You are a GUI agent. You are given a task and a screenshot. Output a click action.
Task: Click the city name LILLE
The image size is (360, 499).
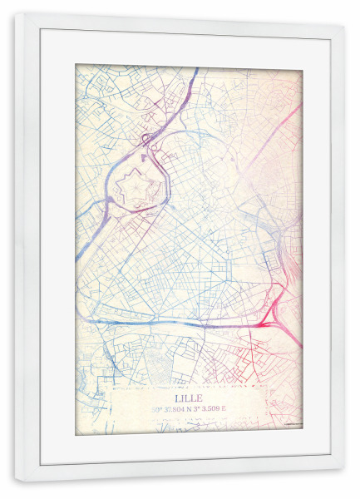(189, 398)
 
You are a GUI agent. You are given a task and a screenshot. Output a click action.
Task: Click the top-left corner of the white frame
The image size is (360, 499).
(16, 14)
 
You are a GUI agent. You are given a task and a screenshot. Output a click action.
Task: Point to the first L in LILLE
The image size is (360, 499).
(176, 398)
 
